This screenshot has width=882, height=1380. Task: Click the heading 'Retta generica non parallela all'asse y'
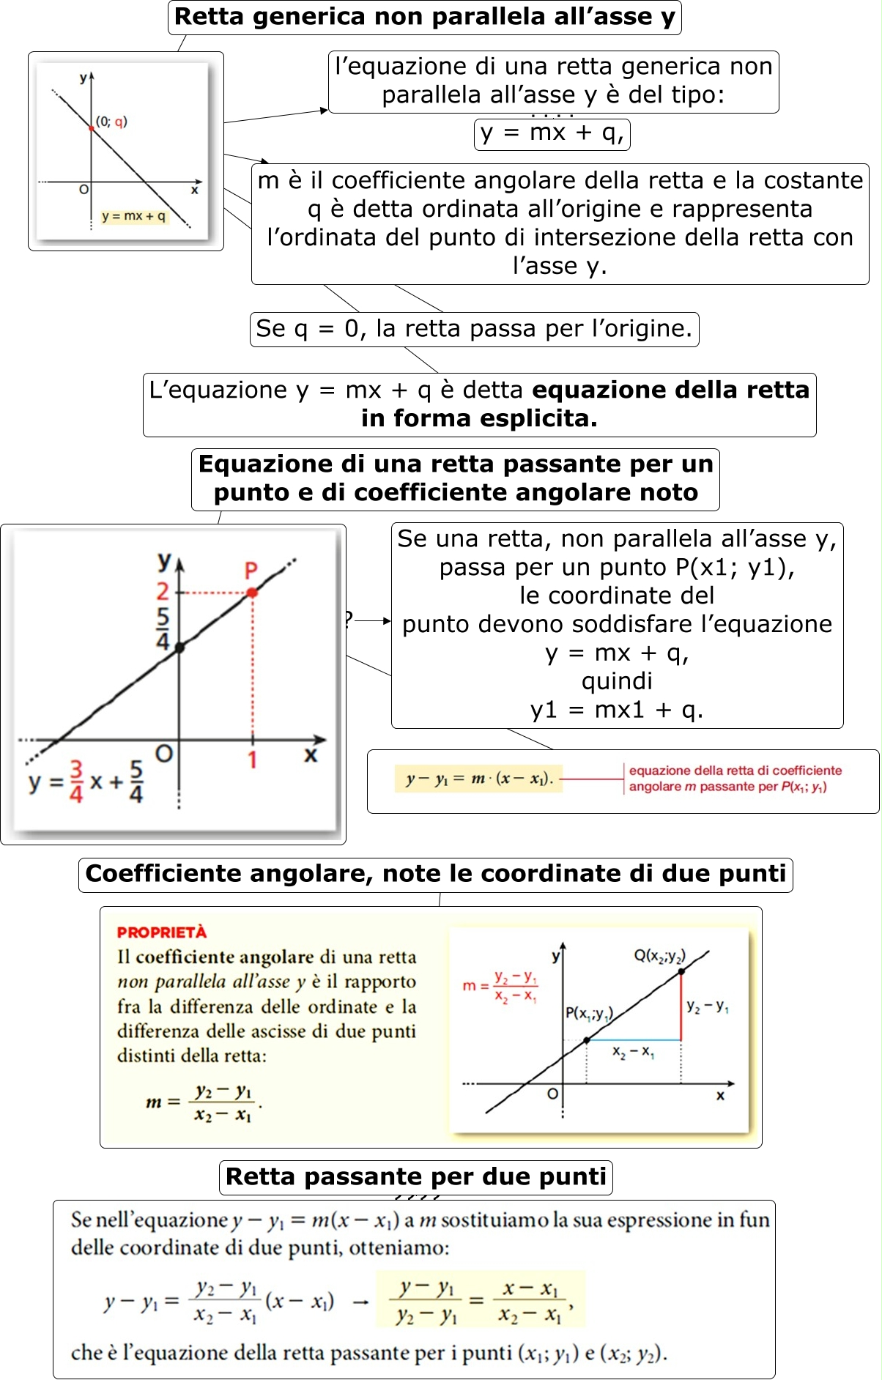[424, 17]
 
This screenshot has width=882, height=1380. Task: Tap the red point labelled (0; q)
[92, 128]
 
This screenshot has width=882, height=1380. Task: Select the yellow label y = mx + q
[134, 216]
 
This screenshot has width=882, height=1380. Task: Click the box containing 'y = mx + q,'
[552, 133]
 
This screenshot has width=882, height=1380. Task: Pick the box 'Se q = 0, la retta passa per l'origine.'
[474, 329]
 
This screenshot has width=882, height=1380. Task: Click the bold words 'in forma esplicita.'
[479, 418]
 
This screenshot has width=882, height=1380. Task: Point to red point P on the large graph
[252, 592]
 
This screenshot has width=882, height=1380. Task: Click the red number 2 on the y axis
[163, 590]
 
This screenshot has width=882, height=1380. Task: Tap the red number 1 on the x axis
[252, 760]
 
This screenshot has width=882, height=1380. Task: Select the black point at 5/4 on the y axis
[179, 648]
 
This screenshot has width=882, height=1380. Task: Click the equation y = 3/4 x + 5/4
[86, 781]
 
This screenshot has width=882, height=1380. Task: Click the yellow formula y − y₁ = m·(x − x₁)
[478, 779]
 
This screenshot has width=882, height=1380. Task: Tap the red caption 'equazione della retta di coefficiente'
[735, 771]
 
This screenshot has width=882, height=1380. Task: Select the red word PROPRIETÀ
[162, 932]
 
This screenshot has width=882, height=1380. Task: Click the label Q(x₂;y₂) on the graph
[659, 955]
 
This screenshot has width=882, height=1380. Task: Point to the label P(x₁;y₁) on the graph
[588, 1014]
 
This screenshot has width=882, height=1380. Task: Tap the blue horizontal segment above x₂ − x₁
[634, 1039]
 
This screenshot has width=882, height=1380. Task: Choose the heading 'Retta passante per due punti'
[415, 1176]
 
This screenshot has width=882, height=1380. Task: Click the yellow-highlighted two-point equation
[480, 1299]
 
